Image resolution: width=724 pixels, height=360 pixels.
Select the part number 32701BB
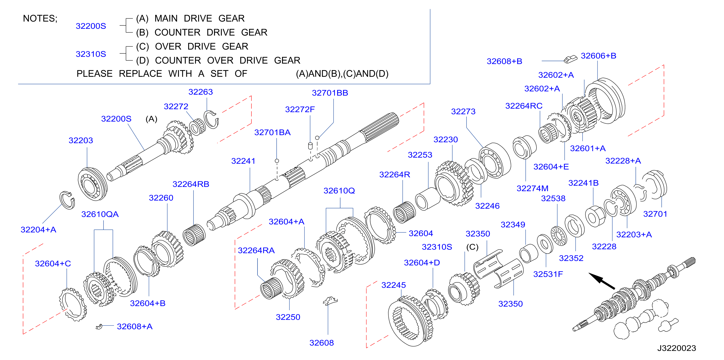pyautogui.click(x=330, y=93)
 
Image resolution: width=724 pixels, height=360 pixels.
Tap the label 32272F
pyautogui.click(x=300, y=109)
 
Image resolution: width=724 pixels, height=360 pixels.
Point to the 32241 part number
pyautogui.click(x=243, y=161)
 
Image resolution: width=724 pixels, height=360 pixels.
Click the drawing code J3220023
pyautogui.click(x=676, y=348)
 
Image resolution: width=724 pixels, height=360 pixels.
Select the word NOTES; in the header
pyautogui.click(x=40, y=19)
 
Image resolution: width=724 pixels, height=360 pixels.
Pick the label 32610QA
pyautogui.click(x=100, y=214)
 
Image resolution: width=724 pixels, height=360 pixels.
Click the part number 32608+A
pyautogui.click(x=135, y=327)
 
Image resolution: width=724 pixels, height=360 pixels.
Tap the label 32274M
pyautogui.click(x=532, y=188)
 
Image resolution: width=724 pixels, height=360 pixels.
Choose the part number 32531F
pyautogui.click(x=548, y=274)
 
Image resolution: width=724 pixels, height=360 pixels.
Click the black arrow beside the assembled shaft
pyautogui.click(x=602, y=281)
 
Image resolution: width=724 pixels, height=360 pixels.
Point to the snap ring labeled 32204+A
pyautogui.click(x=67, y=200)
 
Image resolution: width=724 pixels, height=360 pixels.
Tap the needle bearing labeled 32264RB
pyautogui.click(x=194, y=235)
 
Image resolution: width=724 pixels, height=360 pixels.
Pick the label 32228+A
pyautogui.click(x=623, y=161)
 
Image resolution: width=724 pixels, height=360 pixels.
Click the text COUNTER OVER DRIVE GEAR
pyautogui.click(x=228, y=60)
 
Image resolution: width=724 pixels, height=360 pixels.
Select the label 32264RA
pyautogui.click(x=256, y=251)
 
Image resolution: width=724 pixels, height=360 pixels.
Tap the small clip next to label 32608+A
pyautogui.click(x=99, y=327)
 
